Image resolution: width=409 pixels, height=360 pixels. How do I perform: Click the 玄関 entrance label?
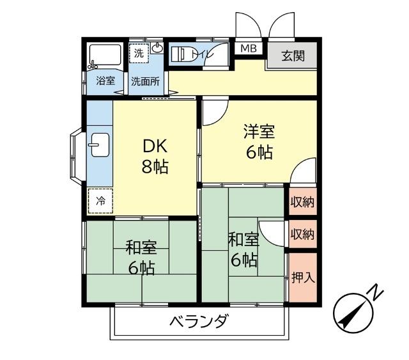coord(293,55)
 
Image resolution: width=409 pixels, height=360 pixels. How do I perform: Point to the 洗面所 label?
coord(145,81)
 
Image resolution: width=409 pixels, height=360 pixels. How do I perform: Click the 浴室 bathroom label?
coord(105,81)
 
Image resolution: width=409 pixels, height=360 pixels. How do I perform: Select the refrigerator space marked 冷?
coord(100,200)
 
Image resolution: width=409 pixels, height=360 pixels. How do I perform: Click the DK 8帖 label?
coord(155,157)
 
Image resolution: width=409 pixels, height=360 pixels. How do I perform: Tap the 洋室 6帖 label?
coord(259,142)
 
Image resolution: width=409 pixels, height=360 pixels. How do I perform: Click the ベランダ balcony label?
coord(198,322)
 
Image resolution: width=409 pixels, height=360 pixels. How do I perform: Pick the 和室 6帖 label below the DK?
coord(141,257)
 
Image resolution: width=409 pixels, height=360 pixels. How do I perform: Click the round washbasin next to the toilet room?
coord(158,49)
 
